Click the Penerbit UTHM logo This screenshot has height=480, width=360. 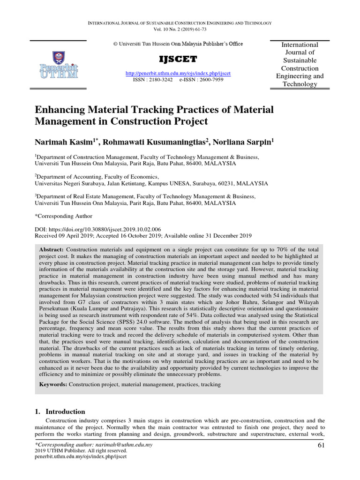pos(59,67)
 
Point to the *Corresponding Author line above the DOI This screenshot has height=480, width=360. pos(64,217)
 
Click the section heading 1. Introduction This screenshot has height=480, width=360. pos(60,411)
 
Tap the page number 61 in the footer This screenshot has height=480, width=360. pos(321,445)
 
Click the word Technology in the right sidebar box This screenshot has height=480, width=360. pos(300,84)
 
